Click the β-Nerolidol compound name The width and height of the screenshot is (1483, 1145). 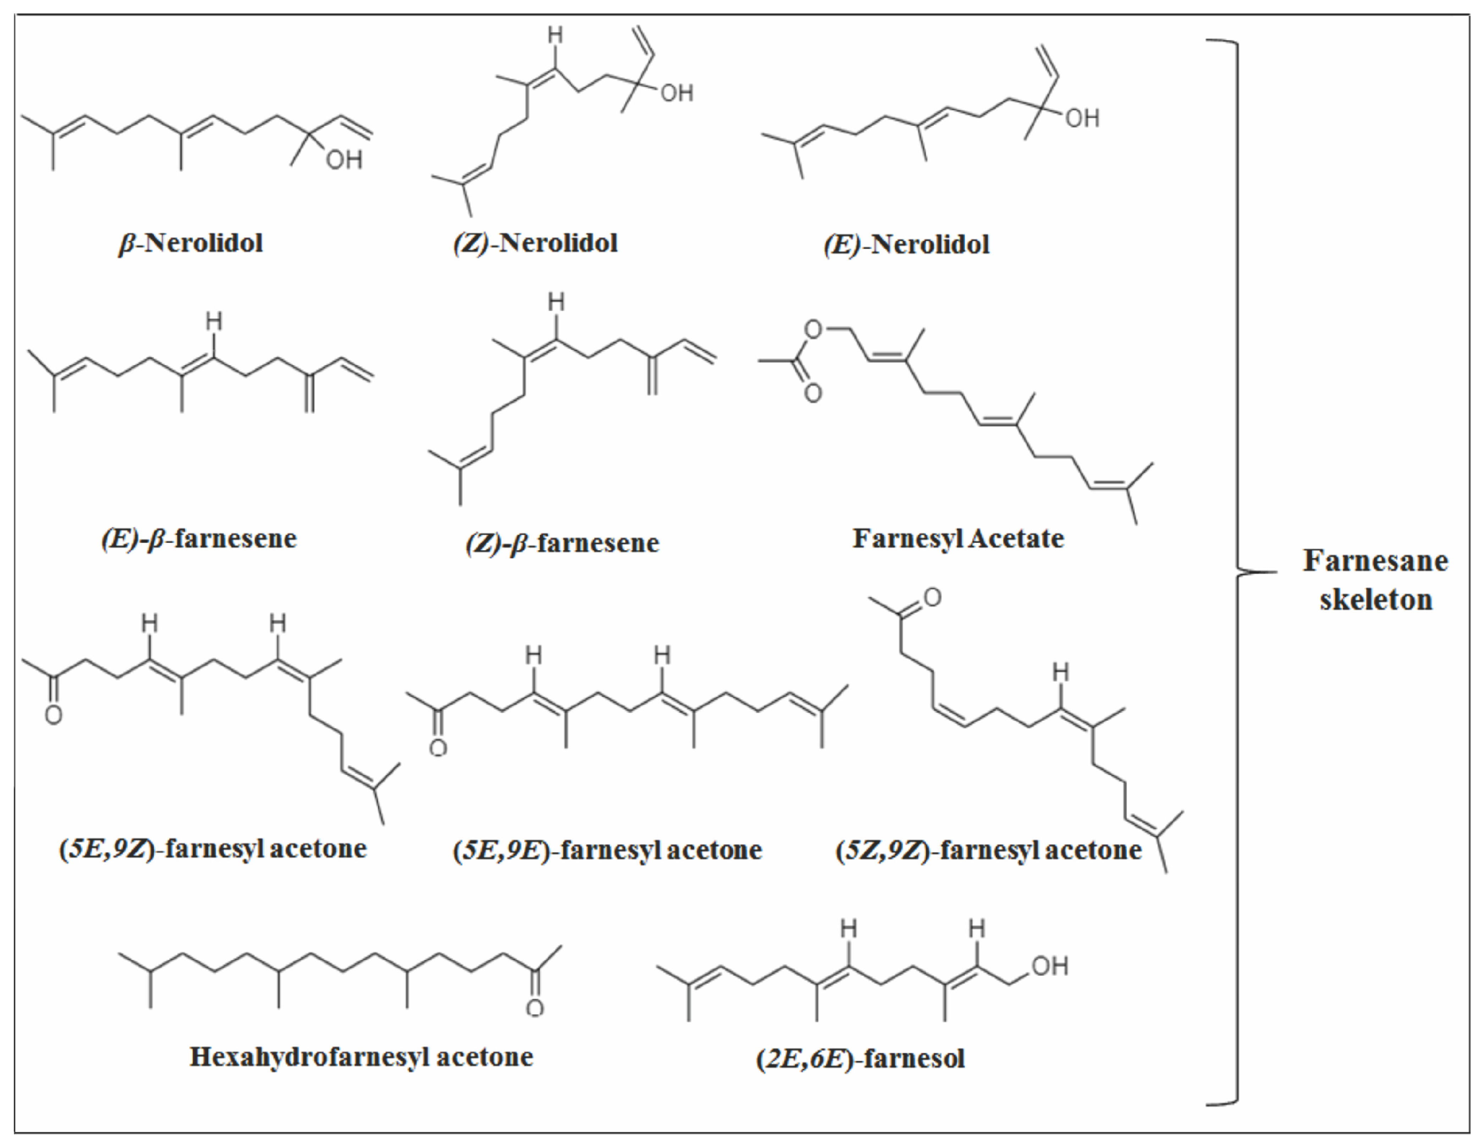(191, 243)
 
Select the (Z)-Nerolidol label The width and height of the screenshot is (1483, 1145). (536, 243)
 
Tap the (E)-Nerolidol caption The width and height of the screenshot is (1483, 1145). (906, 244)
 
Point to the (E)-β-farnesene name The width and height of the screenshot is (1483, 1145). (199, 539)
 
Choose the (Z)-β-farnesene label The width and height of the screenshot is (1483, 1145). (562, 543)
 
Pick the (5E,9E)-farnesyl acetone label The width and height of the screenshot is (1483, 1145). (607, 850)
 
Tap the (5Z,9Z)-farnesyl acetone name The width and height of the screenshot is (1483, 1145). (988, 850)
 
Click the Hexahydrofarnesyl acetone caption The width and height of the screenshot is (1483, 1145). (361, 1057)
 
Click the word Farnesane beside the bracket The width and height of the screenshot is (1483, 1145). (1375, 561)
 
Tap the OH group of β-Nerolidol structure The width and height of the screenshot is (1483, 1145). (344, 160)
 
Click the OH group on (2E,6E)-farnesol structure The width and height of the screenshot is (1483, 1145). (1050, 966)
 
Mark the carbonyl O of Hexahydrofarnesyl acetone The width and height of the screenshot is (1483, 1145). (535, 1008)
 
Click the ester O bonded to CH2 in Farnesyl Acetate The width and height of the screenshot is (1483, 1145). (813, 331)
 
